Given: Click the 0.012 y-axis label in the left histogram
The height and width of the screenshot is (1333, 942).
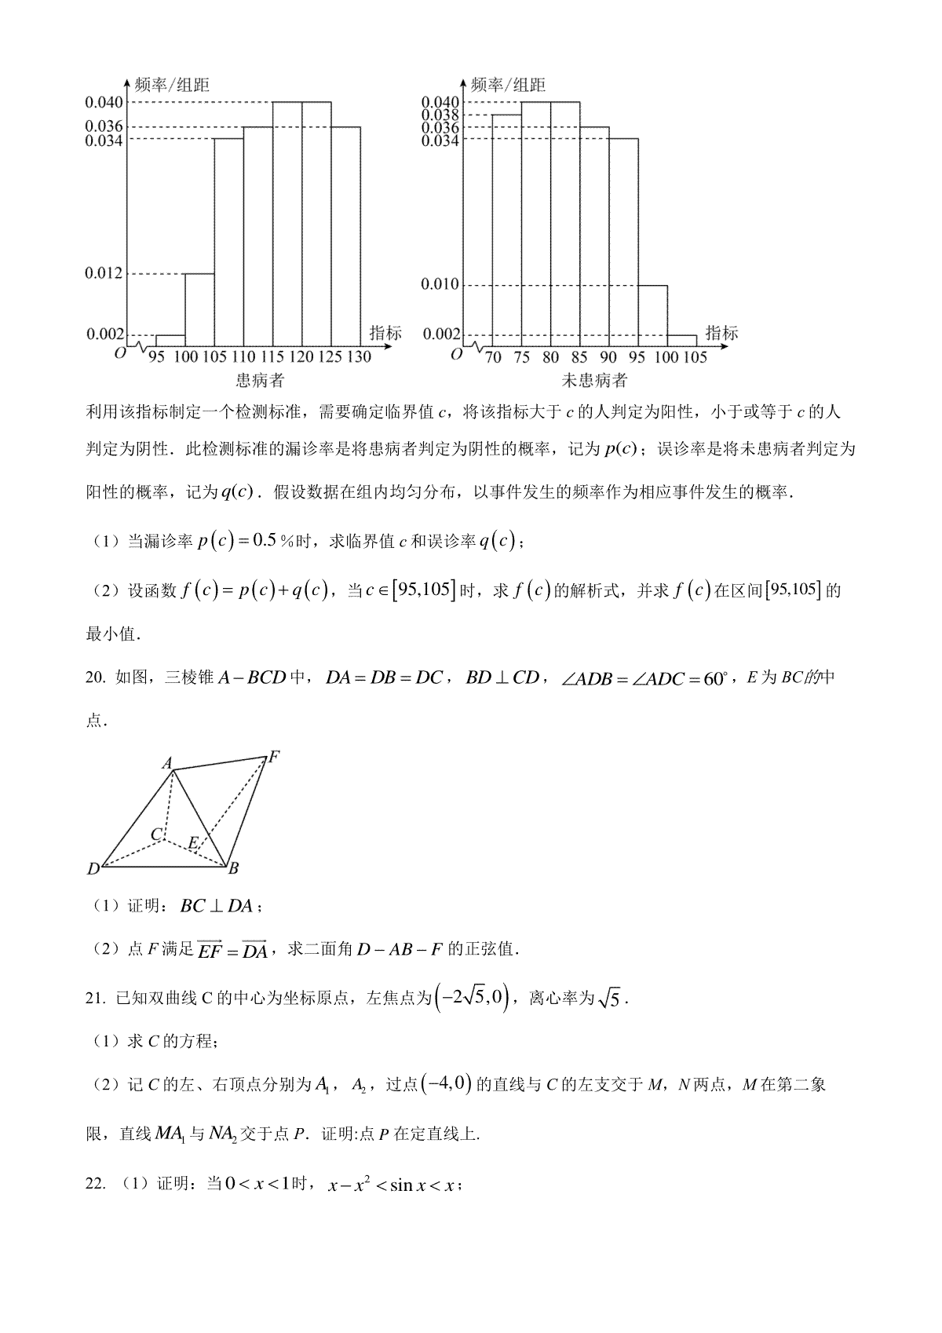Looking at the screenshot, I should [104, 273].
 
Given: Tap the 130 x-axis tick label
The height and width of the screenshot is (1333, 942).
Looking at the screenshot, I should [359, 357].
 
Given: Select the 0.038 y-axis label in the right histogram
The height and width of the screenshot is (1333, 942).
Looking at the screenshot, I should [440, 115].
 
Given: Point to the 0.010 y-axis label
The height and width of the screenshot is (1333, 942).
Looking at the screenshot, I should [440, 284].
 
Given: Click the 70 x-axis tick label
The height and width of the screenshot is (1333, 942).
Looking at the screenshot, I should [493, 357].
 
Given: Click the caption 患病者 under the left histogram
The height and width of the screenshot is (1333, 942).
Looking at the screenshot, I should [261, 381].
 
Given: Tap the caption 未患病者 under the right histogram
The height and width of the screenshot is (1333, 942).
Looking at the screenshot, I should [595, 381].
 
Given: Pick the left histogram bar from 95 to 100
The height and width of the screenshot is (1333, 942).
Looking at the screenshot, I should [170, 341].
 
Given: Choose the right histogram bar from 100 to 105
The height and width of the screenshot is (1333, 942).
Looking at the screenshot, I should [681, 341].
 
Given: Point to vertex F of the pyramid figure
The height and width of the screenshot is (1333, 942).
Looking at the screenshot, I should [274, 758].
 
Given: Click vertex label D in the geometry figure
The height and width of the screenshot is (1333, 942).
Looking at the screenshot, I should [93, 868].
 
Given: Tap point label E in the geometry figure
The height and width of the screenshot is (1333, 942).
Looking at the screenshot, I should [193, 843].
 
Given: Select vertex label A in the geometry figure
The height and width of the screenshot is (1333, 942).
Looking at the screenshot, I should [166, 763].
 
